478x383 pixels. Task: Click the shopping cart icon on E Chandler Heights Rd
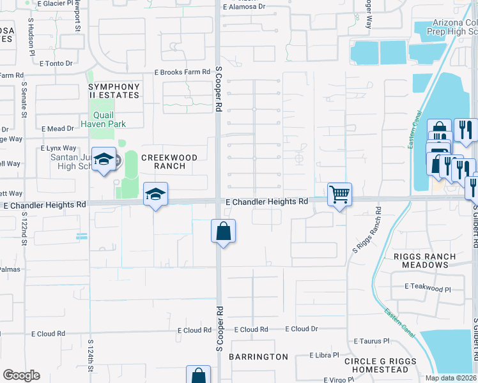[x=339, y=194]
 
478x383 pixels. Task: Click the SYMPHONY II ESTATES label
[x=114, y=91]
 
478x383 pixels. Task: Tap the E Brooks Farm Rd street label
[x=183, y=72]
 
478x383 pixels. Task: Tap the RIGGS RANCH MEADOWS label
[x=434, y=261]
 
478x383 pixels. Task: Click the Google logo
[x=21, y=375]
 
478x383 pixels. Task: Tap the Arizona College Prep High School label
[x=445, y=26]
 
